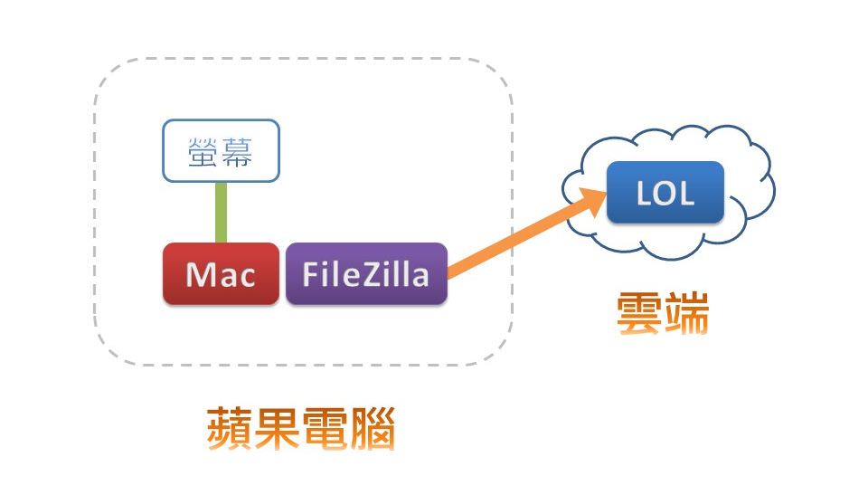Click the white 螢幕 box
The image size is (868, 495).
pos(222,150)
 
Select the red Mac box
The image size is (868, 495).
pos(221,273)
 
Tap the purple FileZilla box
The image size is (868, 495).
pos(366,273)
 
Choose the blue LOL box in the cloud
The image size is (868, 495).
pos(665,193)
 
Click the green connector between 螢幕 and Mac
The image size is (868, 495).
pos(221,212)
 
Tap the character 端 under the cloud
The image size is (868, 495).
pos(686,313)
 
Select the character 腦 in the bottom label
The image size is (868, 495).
pos(372,429)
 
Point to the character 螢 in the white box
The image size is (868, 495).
pos(203,151)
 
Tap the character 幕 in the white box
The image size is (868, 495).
pos(237,151)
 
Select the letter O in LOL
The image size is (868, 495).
pos(665,194)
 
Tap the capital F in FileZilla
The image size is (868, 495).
pos(310,273)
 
